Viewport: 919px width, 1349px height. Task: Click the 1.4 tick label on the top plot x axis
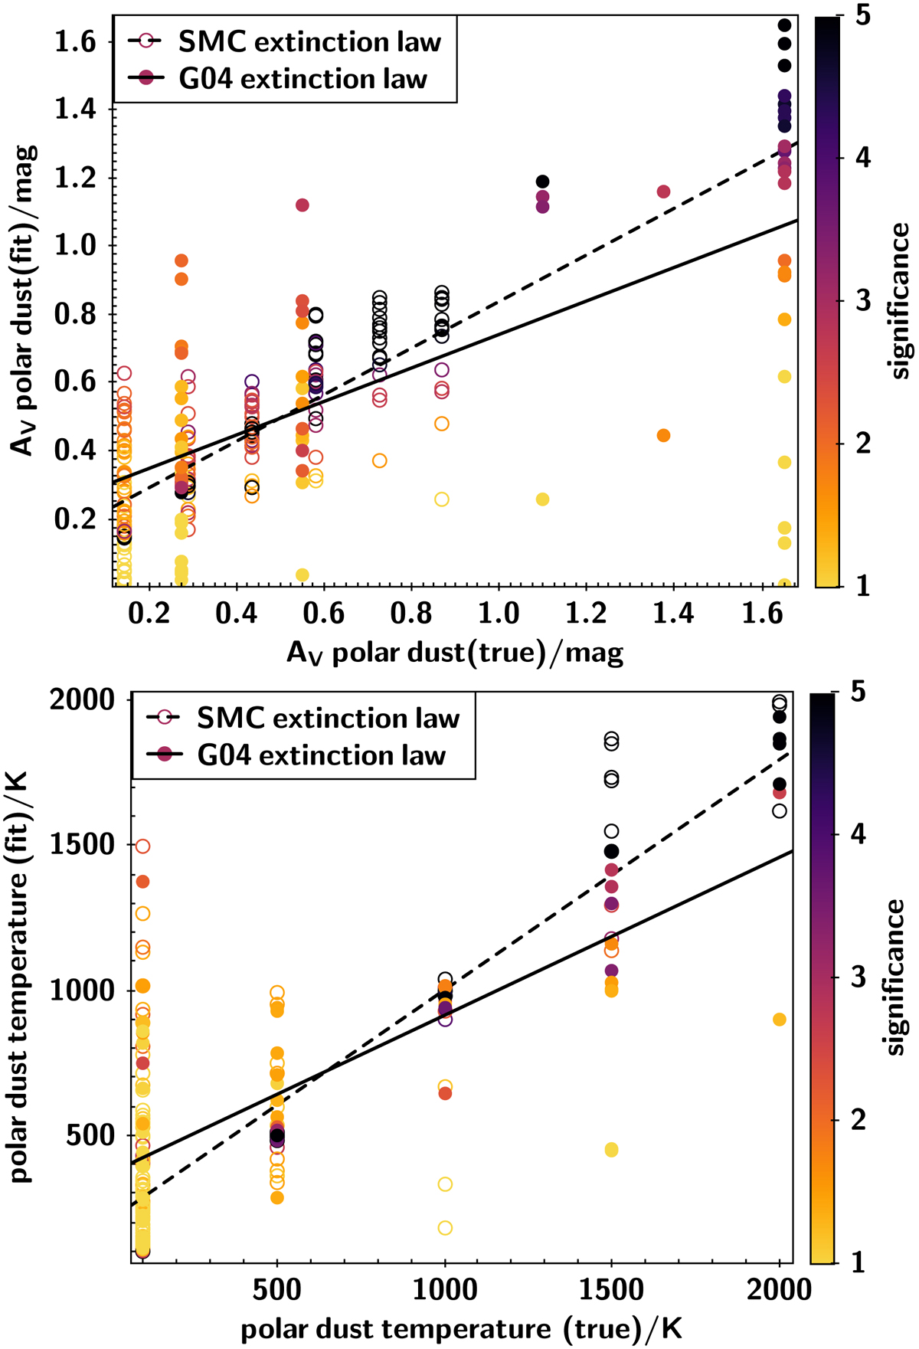(674, 614)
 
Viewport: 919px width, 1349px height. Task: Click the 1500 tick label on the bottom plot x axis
(611, 1289)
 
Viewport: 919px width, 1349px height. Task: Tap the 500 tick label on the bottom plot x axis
(277, 1289)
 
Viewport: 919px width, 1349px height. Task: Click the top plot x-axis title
(455, 653)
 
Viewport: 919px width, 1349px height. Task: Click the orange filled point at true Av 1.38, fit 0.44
(664, 436)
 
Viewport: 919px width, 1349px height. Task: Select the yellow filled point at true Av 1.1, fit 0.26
(542, 499)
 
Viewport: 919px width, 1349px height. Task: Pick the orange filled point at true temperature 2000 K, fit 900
(780, 1020)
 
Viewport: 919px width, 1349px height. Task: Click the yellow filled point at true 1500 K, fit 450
(611, 1150)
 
